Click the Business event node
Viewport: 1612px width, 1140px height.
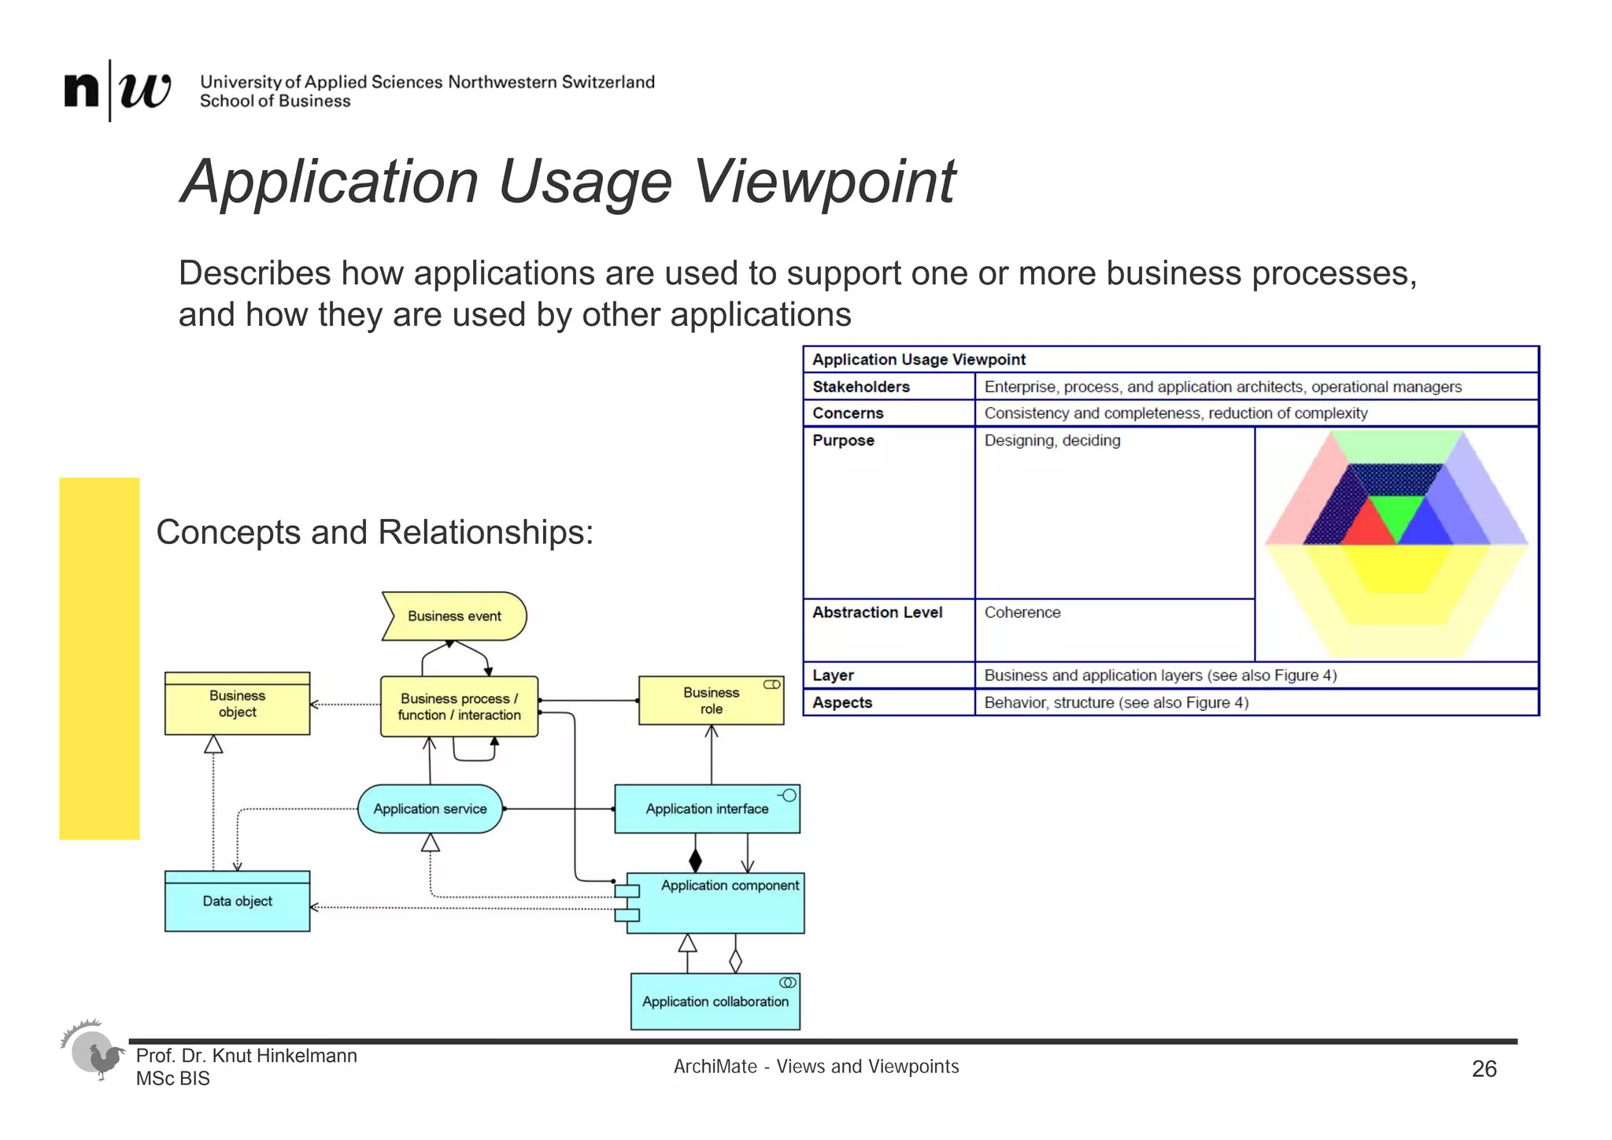tap(454, 616)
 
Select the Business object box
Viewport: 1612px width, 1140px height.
tap(237, 704)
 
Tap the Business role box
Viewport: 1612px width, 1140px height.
tap(711, 701)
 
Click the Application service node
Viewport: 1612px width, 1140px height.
tap(430, 809)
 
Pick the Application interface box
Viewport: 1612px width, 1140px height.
tap(707, 809)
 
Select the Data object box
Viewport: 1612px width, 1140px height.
tap(237, 901)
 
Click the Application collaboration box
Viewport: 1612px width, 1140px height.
tap(715, 1001)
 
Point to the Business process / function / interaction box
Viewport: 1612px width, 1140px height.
tap(459, 706)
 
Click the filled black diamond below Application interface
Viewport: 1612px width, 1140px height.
tap(695, 860)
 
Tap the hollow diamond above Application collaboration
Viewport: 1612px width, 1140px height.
tap(735, 961)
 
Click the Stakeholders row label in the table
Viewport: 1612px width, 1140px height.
tap(861, 387)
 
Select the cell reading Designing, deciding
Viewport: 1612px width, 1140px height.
tap(1052, 441)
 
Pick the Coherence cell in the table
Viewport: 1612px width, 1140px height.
tap(1022, 613)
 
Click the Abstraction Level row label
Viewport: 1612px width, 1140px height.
tap(877, 613)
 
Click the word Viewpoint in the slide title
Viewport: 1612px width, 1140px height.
tap(824, 183)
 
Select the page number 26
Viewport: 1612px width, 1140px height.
tap(1484, 1068)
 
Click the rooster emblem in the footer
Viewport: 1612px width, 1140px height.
tap(94, 1051)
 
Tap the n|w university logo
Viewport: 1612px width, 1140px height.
tap(117, 90)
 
